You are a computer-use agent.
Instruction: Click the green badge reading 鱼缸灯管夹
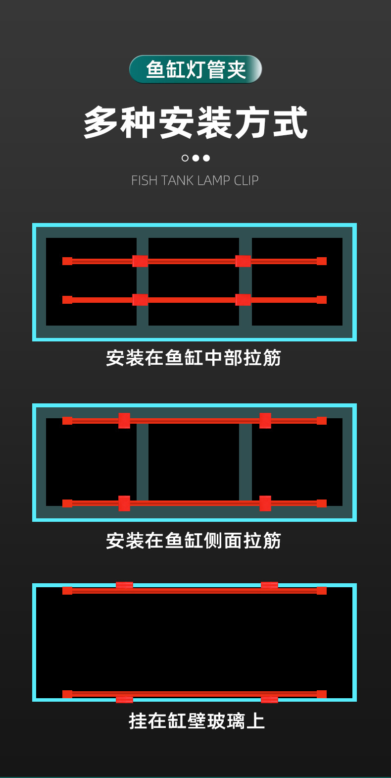(x=195, y=69)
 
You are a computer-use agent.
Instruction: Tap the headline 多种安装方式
(x=195, y=122)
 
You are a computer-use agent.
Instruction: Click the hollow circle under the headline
(x=185, y=158)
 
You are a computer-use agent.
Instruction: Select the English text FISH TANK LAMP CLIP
(x=195, y=180)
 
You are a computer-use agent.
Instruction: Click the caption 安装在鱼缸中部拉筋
(x=194, y=358)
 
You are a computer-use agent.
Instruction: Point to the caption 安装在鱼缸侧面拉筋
(x=194, y=541)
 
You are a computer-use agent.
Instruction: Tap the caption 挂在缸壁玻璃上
(x=196, y=721)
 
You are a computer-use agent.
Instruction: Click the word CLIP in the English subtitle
(x=246, y=180)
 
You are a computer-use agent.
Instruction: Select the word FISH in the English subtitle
(x=144, y=180)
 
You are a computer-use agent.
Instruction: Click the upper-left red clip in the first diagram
(x=140, y=261)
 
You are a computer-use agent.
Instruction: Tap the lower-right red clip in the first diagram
(x=243, y=300)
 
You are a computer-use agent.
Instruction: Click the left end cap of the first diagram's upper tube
(x=67, y=261)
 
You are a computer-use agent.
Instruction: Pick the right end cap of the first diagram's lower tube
(x=322, y=300)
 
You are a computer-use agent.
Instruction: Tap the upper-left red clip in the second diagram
(x=124, y=421)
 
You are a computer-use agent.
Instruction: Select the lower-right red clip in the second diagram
(x=265, y=503)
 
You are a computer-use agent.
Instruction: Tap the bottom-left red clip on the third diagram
(x=124, y=699)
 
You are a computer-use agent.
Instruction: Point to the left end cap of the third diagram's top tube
(x=67, y=591)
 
